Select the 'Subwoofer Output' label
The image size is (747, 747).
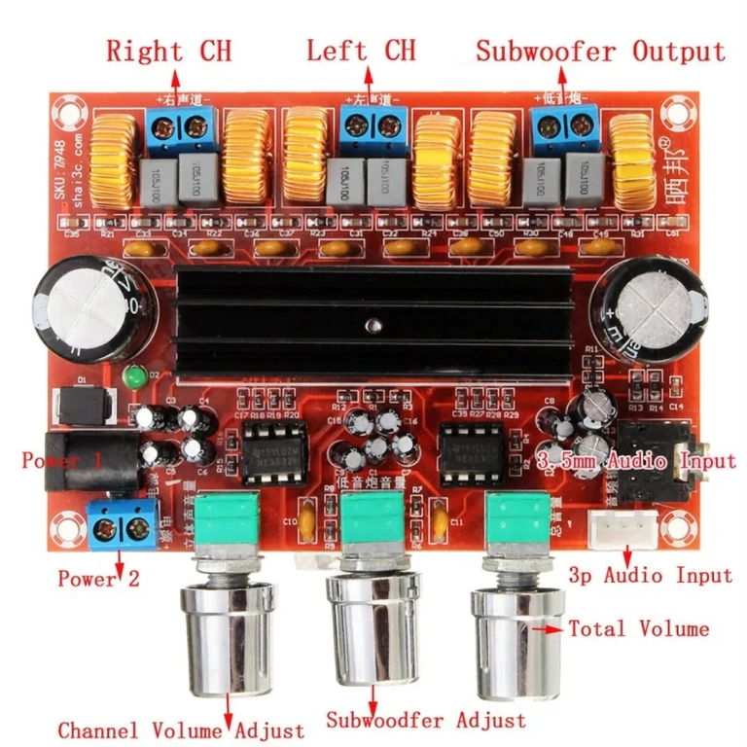[x=600, y=51]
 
